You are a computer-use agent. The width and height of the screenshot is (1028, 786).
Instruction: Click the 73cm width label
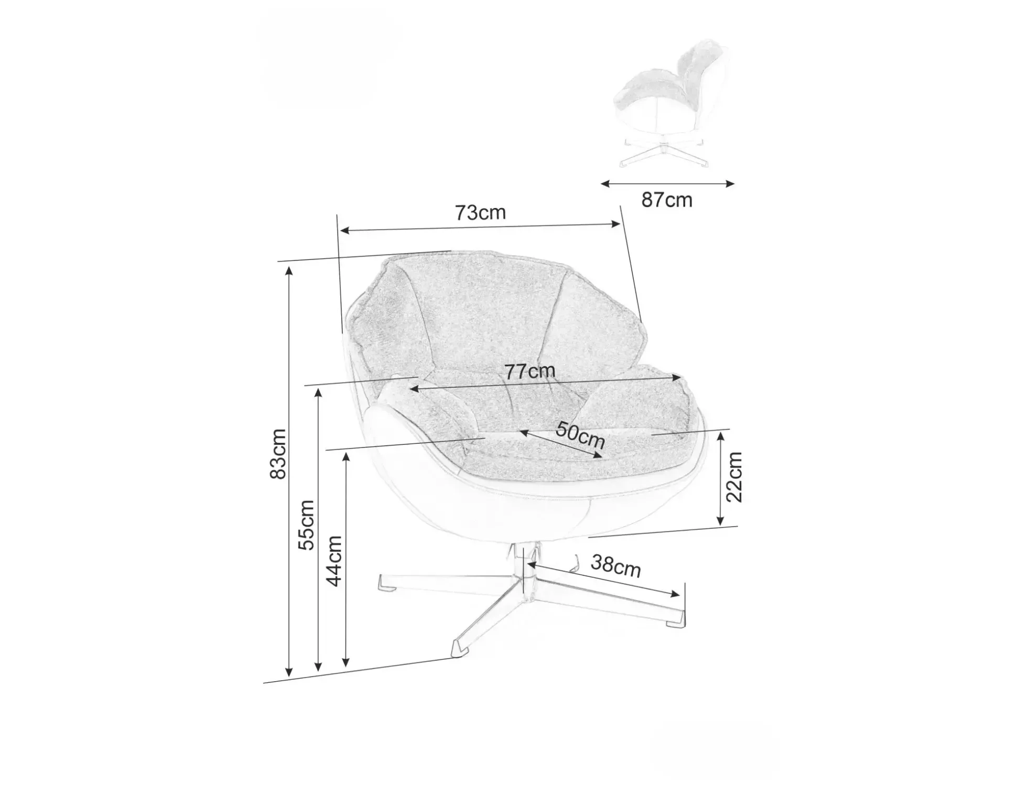pos(480,212)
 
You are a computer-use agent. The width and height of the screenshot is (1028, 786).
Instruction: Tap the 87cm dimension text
pos(667,200)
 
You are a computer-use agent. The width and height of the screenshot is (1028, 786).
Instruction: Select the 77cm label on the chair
pos(530,371)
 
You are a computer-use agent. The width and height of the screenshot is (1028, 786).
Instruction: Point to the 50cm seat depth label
pos(580,435)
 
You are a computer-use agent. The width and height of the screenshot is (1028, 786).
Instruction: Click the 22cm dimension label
pos(734,477)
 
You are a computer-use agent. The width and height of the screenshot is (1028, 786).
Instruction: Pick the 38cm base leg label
pos(616,566)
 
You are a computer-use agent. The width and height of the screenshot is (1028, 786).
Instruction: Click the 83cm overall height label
pos(278,454)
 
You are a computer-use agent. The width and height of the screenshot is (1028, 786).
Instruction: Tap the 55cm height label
pos(306,525)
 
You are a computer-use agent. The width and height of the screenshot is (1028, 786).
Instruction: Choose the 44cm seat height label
pos(334,561)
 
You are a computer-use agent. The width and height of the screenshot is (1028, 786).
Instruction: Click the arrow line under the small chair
pos(667,183)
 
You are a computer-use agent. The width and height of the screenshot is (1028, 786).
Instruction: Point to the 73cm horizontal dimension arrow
pos(480,227)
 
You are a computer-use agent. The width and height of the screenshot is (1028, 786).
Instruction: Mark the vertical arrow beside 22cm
pos(720,478)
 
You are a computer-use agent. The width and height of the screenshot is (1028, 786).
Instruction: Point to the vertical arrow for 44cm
pos(345,560)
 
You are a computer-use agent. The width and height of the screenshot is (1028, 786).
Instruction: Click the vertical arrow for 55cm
pos(318,530)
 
